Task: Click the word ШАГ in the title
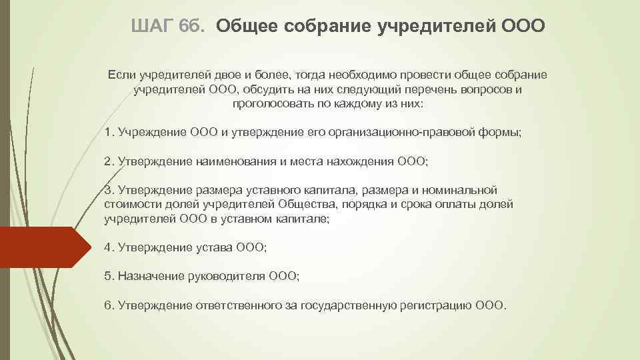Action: [153, 26]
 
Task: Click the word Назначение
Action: [144, 276]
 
